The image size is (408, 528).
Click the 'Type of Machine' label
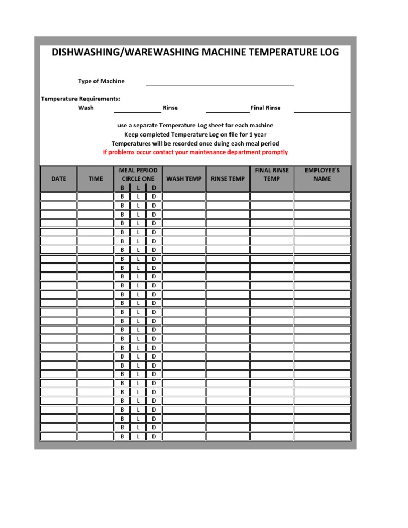point(101,81)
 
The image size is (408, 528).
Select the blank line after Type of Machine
point(219,84)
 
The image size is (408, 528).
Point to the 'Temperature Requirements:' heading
point(80,98)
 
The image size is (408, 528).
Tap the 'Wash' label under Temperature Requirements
point(86,108)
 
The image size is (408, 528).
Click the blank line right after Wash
point(138,110)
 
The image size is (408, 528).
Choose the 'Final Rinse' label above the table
point(266,108)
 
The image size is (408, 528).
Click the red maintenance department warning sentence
point(195,152)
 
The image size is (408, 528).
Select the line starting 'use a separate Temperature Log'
point(195,125)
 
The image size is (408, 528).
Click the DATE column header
point(58,178)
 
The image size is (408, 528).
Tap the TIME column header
point(96,178)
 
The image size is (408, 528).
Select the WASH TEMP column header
point(183,178)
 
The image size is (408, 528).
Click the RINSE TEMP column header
point(227,178)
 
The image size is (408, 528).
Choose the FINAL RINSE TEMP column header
point(271,175)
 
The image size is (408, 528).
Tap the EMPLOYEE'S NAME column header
point(322,175)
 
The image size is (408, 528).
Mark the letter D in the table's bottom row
point(154,437)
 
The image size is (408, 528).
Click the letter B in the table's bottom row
point(122,437)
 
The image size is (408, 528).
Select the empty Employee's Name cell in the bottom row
point(322,437)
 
